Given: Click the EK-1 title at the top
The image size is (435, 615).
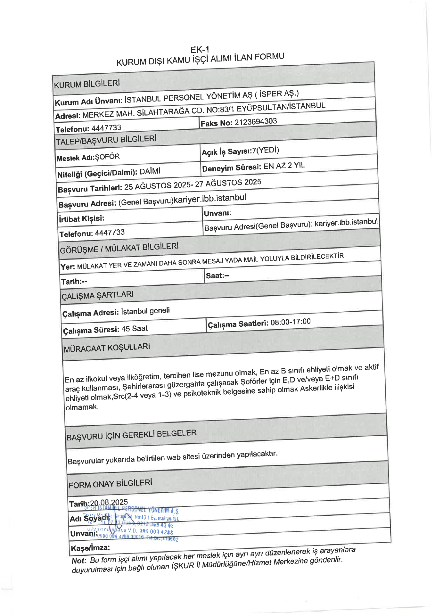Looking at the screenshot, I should pyautogui.click(x=200, y=50).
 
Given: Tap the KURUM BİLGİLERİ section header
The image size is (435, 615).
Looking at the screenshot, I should pyautogui.click(x=87, y=84).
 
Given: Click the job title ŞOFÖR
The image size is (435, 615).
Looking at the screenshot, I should pyautogui.click(x=107, y=157).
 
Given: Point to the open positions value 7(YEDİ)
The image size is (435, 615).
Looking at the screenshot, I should pyautogui.click(x=266, y=150).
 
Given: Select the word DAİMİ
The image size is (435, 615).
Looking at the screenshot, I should pyautogui.click(x=150, y=171).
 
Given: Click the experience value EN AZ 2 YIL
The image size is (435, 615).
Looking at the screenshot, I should pyautogui.click(x=284, y=166).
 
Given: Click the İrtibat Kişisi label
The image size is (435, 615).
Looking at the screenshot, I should pyautogui.click(x=82, y=219).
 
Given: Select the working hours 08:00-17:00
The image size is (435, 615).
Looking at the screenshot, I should pyautogui.click(x=291, y=322).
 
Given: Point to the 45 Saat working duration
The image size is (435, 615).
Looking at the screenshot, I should pyautogui.click(x=135, y=329).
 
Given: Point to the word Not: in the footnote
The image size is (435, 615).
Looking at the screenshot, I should pyautogui.click(x=79, y=561).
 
